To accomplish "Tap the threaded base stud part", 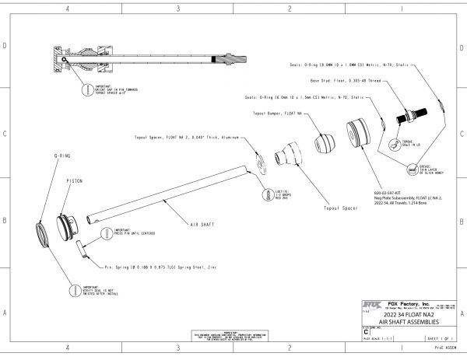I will (408, 117).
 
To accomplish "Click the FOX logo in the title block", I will (374, 305).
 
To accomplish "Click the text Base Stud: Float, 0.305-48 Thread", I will (348, 81).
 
